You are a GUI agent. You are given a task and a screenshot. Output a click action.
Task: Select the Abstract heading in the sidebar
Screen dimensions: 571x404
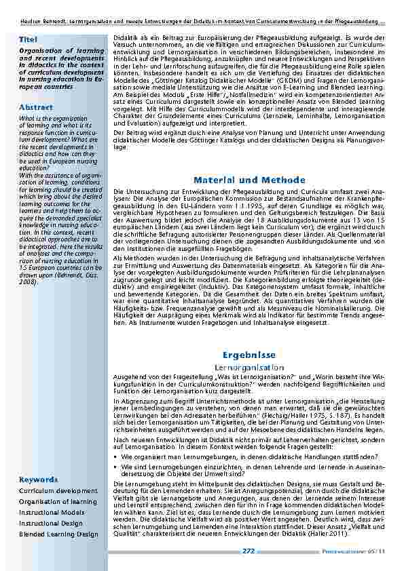35,108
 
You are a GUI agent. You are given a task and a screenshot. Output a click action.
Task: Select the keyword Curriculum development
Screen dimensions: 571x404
54,490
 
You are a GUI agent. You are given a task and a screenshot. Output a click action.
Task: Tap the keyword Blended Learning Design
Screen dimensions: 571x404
58,534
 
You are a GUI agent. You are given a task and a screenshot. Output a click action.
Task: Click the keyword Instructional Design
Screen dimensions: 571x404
51,524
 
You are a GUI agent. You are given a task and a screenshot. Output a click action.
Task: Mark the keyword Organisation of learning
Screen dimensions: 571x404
58,501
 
